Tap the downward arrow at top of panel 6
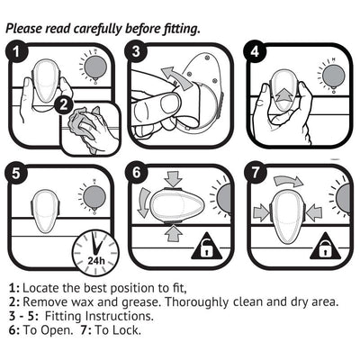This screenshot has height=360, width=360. point(173,179)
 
